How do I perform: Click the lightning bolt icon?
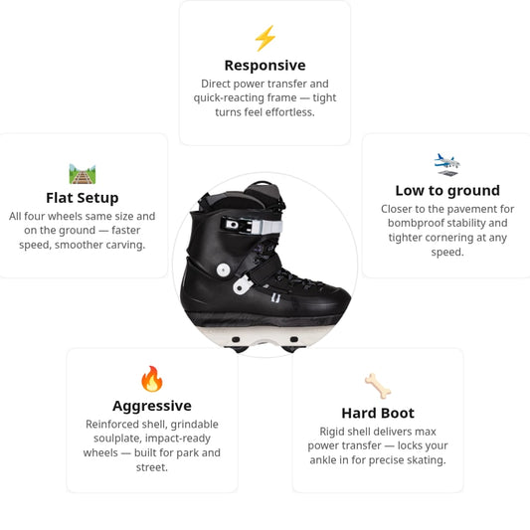(x=265, y=38)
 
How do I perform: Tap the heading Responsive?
(x=265, y=66)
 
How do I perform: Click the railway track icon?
(x=83, y=174)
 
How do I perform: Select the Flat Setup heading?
(x=83, y=198)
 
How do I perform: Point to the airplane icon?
(x=447, y=165)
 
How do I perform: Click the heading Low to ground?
(x=447, y=191)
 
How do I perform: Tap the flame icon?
(x=152, y=379)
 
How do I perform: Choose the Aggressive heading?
(x=152, y=406)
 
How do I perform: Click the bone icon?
(x=378, y=386)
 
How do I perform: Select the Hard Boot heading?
(x=378, y=413)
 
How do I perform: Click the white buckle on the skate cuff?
(x=252, y=226)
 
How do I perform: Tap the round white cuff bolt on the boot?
(x=224, y=269)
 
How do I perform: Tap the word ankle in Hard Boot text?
(x=322, y=460)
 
